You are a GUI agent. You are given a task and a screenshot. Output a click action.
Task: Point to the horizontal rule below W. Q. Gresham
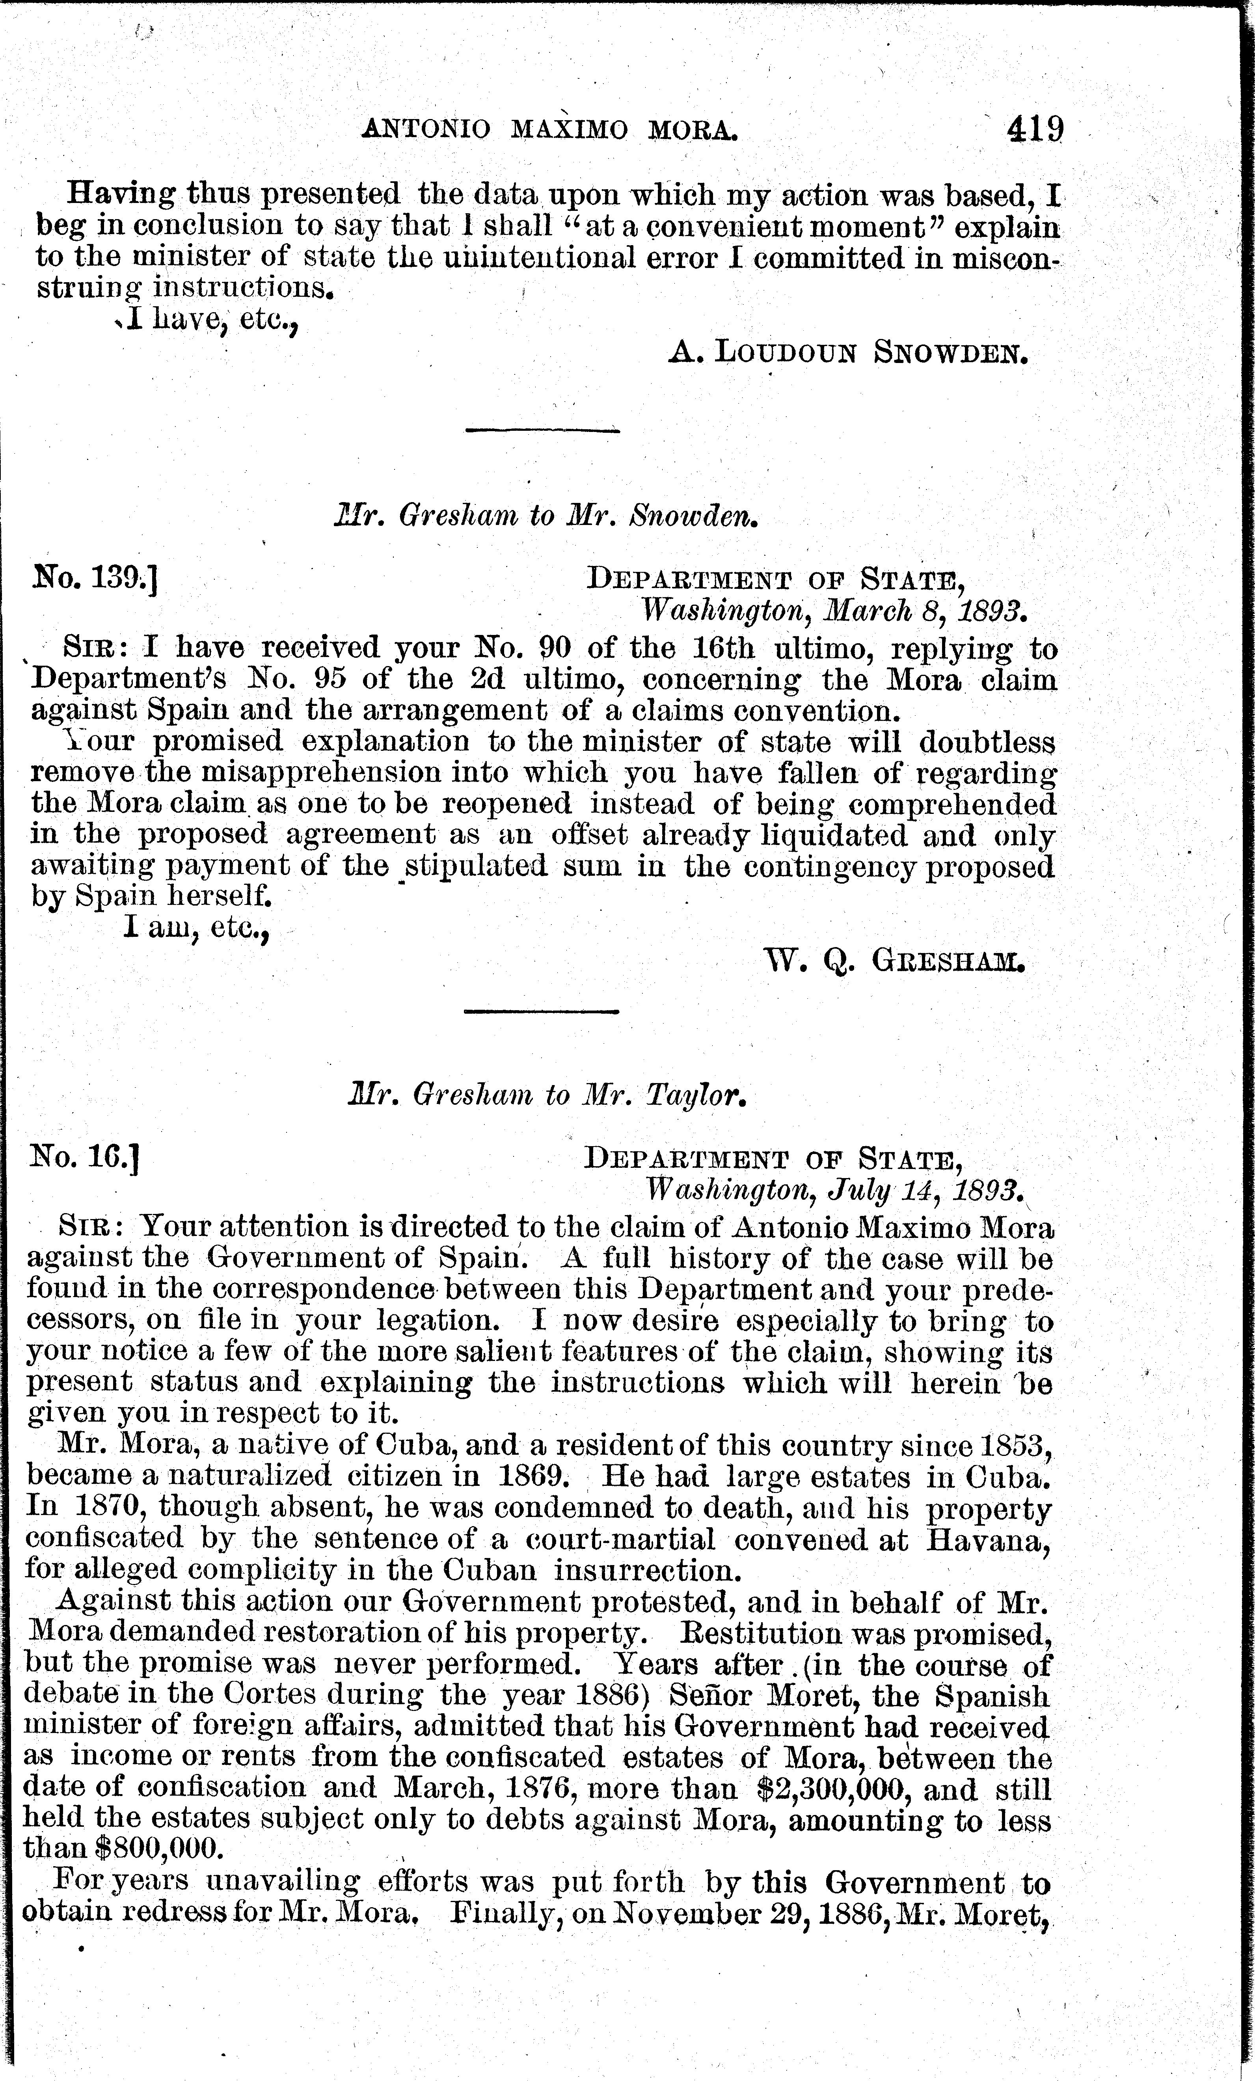pyautogui.click(x=542, y=1011)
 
